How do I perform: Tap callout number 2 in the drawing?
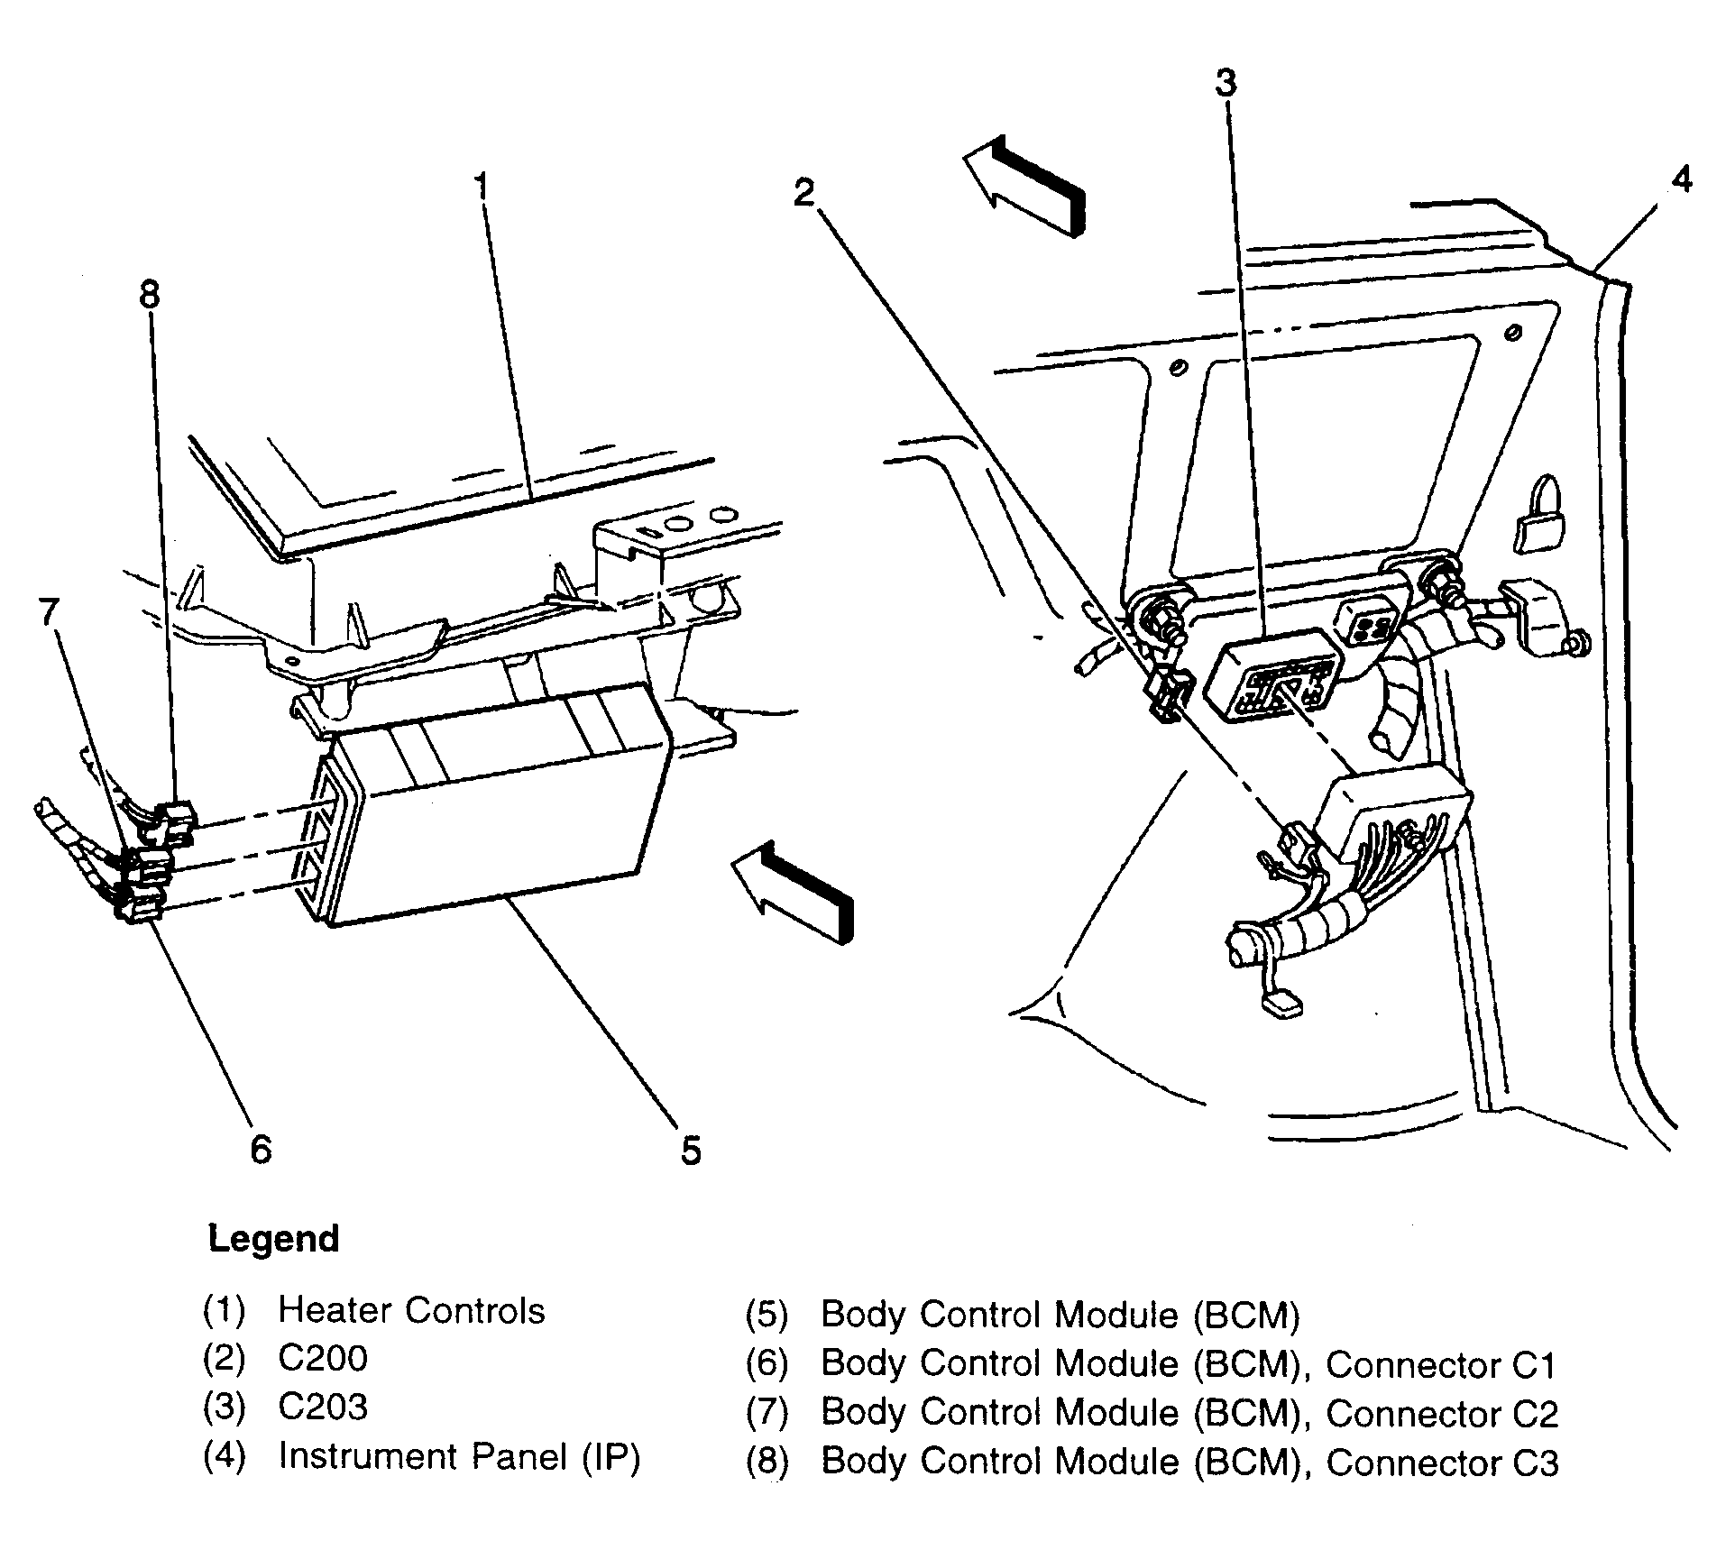pos(804,193)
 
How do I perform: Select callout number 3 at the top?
pos(1225,83)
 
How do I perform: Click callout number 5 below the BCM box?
pos(691,1151)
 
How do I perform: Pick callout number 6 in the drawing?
pos(261,1149)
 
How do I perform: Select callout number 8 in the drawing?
pos(150,294)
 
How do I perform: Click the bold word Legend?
pos(274,1240)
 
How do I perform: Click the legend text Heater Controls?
pos(411,1310)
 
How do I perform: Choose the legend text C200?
pos(323,1358)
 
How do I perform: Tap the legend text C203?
pos(323,1407)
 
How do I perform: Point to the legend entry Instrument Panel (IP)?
pos(459,1457)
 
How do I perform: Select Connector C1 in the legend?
pos(1442,1365)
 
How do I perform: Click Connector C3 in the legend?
pos(1442,1463)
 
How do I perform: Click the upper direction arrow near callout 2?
pos(1024,186)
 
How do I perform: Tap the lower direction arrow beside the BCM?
pos(792,892)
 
